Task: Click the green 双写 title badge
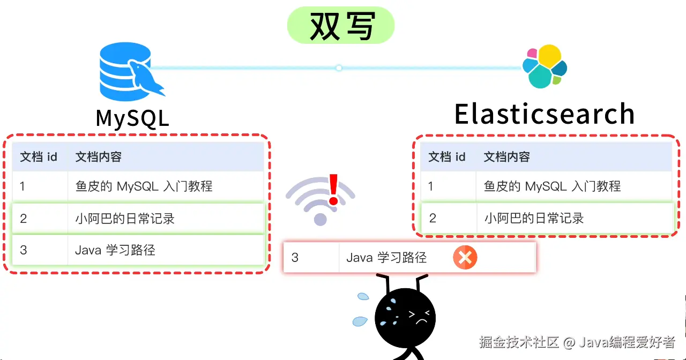[x=341, y=25]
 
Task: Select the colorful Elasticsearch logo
[x=545, y=66]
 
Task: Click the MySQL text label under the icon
[x=132, y=118]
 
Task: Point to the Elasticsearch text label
[x=545, y=114]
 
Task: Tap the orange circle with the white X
[x=465, y=258]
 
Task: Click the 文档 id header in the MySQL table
[x=39, y=157]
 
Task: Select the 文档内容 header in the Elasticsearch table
[x=506, y=157]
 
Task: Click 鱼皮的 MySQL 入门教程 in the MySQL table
[x=144, y=186]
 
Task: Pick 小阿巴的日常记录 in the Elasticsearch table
[x=534, y=218]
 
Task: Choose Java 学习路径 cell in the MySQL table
[x=115, y=250]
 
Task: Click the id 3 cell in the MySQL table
[x=23, y=250]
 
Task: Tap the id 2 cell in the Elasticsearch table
[x=433, y=218]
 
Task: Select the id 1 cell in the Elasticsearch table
[x=431, y=186]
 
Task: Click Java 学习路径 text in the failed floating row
[x=386, y=258]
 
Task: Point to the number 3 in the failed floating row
[x=295, y=258]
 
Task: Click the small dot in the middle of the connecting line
[x=339, y=68]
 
